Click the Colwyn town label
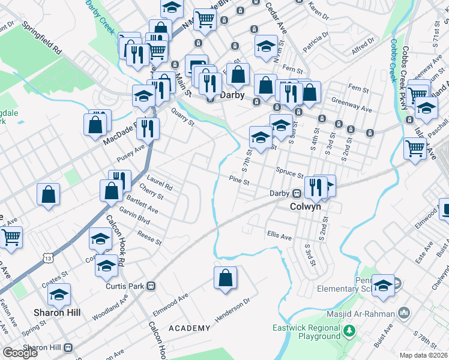click(x=306, y=206)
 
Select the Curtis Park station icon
click(x=152, y=286)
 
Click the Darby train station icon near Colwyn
click(x=297, y=193)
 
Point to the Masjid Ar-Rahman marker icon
click(x=403, y=313)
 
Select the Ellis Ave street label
click(x=279, y=237)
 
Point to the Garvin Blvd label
click(x=134, y=220)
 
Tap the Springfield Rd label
click(x=43, y=40)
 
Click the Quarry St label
click(x=182, y=117)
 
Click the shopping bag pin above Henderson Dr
click(x=225, y=278)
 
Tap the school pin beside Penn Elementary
click(x=383, y=286)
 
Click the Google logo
click(x=20, y=353)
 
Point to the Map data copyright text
click(x=424, y=355)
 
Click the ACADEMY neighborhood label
click(x=189, y=328)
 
